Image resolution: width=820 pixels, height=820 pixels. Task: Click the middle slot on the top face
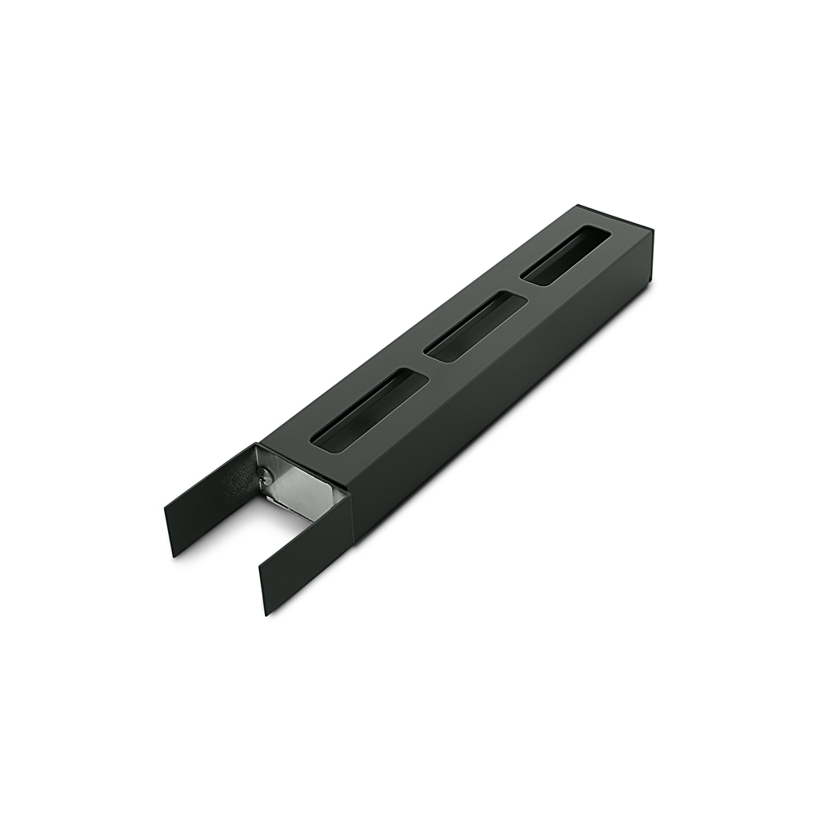475,327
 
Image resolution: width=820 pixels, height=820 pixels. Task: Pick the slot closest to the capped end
567,256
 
